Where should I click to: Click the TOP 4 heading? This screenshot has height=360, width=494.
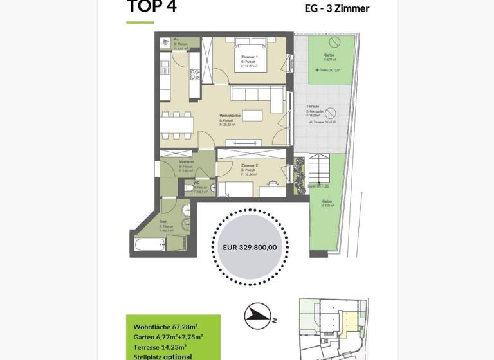click(151, 7)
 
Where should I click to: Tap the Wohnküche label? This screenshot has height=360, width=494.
click(229, 116)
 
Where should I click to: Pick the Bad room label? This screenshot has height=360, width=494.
click(163, 221)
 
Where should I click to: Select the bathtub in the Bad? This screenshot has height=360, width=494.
click(149, 245)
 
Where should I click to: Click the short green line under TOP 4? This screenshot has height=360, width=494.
click(140, 22)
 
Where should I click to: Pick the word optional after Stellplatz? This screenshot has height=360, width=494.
click(178, 356)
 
